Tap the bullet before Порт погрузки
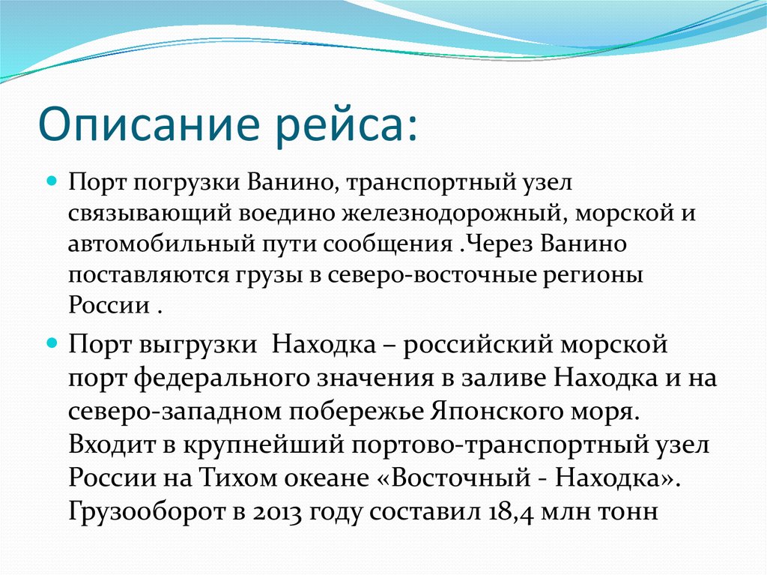click(53, 182)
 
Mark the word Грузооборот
click(142, 512)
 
